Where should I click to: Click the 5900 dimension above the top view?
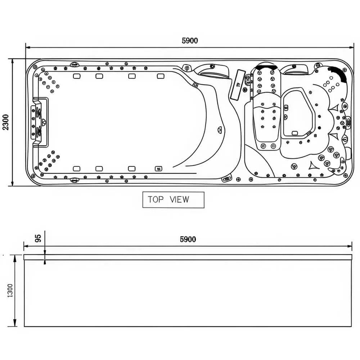[x=190, y=41]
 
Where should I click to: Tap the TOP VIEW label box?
[x=173, y=200]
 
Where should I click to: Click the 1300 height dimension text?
[x=10, y=290]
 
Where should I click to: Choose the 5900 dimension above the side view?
[x=188, y=239]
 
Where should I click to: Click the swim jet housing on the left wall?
[x=37, y=122]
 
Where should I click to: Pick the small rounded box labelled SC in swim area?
[x=158, y=168]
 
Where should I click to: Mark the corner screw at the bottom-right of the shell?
[x=345, y=175]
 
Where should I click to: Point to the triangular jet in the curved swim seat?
[x=220, y=130]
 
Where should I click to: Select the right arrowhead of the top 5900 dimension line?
[x=351, y=47]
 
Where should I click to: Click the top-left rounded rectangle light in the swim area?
[x=76, y=76]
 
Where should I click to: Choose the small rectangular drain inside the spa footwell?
[x=294, y=133]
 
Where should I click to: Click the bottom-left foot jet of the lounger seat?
[x=264, y=146]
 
